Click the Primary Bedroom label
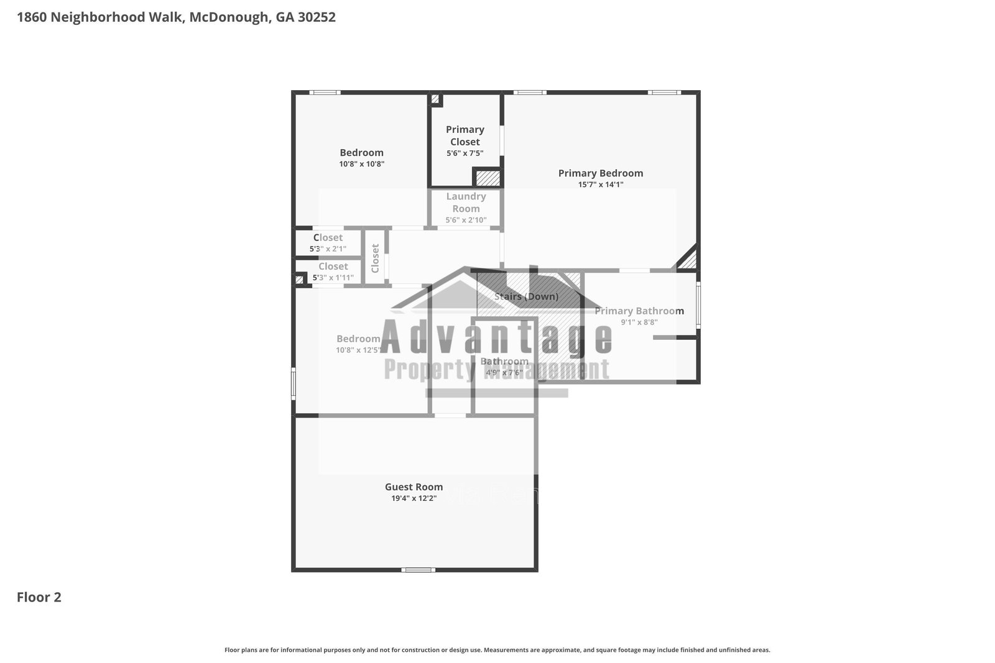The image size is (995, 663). click(600, 173)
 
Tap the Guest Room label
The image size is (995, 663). click(414, 487)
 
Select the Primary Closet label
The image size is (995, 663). click(465, 135)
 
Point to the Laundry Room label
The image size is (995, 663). click(466, 203)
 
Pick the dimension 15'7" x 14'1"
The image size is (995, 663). click(600, 185)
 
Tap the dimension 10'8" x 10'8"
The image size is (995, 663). click(361, 164)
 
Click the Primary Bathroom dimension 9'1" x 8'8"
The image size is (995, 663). click(639, 322)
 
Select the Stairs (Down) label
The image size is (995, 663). click(526, 296)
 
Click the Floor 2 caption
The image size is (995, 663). click(39, 597)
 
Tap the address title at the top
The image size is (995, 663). click(176, 17)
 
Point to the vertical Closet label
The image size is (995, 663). click(375, 258)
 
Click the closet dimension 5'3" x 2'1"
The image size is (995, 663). click(328, 249)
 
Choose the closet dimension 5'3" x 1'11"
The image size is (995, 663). click(333, 278)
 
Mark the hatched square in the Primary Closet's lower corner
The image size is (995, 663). click(488, 178)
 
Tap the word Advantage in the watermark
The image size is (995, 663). click(496, 337)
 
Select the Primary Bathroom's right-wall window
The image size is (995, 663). click(698, 305)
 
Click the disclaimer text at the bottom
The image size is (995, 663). click(497, 650)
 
